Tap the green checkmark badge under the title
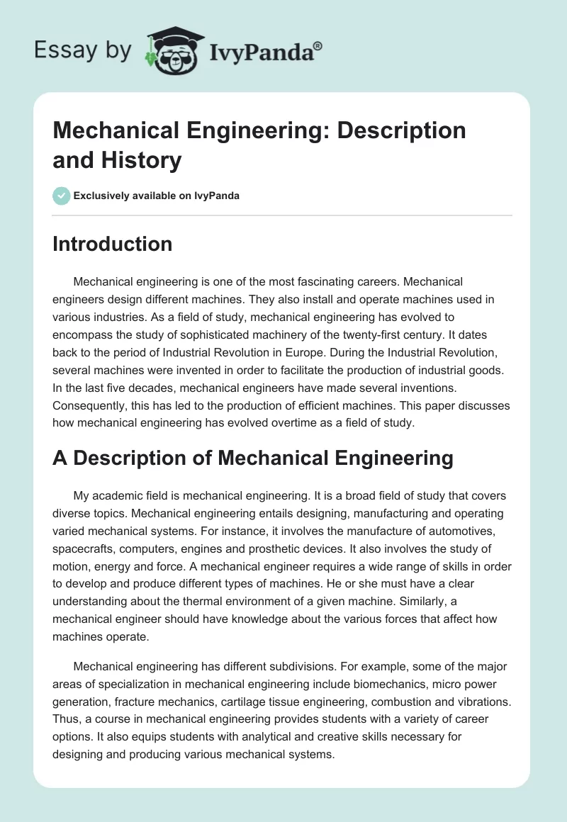(x=62, y=196)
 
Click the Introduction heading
(x=112, y=244)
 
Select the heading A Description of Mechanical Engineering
(x=253, y=458)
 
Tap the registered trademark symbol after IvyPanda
(x=318, y=45)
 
